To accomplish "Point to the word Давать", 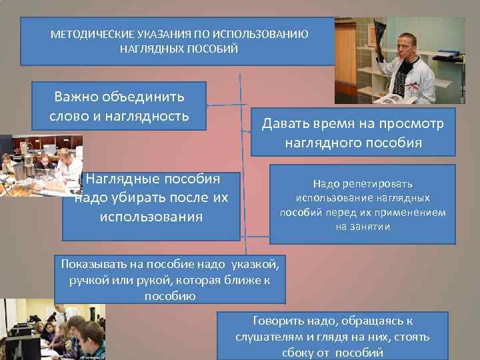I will (x=291, y=124).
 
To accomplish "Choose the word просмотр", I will (x=409, y=124).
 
